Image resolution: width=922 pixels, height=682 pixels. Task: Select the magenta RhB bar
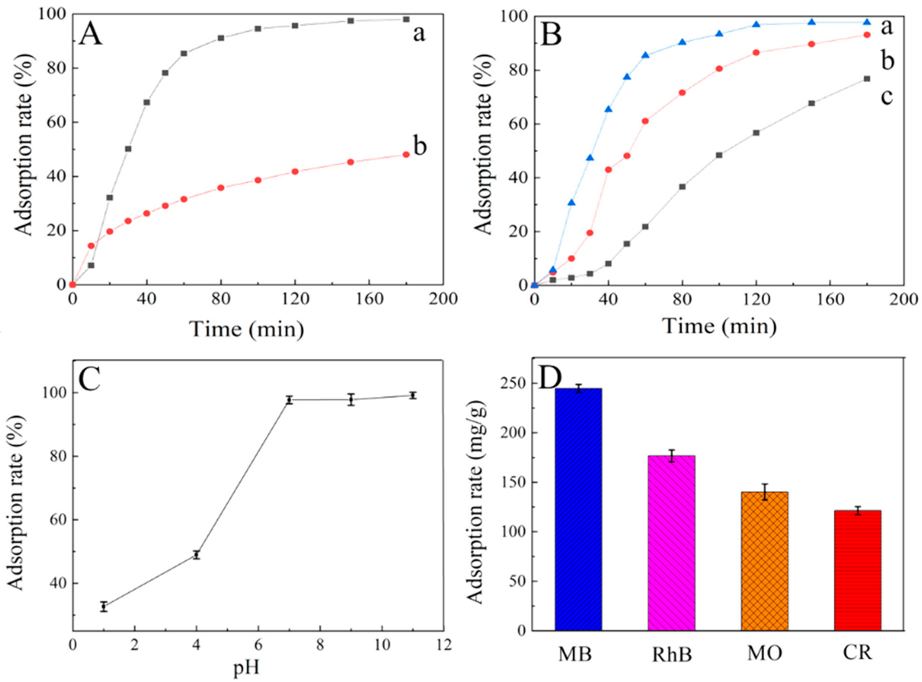click(671, 542)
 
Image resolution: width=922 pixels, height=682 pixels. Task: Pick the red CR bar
click(857, 570)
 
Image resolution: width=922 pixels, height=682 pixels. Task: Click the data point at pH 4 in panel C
click(196, 555)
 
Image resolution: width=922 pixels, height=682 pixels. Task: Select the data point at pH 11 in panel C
click(412, 395)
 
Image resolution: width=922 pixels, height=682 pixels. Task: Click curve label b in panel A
click(419, 147)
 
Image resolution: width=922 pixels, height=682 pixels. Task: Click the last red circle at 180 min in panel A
click(406, 154)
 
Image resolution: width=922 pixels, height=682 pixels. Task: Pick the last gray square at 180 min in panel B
click(867, 79)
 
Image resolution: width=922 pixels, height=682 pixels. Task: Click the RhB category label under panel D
click(671, 655)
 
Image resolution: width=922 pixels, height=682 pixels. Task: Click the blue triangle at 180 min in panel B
click(867, 22)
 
